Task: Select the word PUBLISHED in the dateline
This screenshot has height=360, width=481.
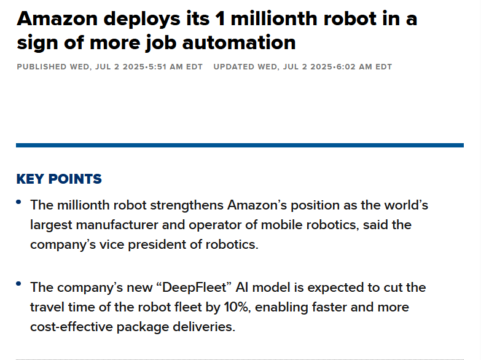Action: (x=42, y=67)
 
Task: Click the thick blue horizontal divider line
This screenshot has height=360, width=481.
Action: (x=240, y=145)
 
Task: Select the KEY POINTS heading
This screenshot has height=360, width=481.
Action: (x=59, y=179)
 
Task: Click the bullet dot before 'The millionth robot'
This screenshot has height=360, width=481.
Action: (x=19, y=202)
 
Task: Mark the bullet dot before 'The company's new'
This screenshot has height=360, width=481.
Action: (x=19, y=284)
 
